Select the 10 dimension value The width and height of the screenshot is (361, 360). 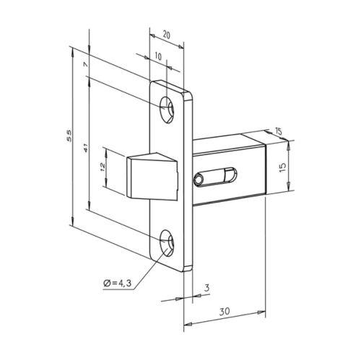(x=158, y=55)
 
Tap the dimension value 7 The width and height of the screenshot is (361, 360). (x=85, y=65)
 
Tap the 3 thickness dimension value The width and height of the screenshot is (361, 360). (x=206, y=288)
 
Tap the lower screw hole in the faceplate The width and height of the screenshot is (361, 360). (x=168, y=243)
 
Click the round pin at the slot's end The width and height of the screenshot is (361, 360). (x=198, y=177)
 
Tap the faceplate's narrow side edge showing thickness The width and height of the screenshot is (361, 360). (x=189, y=180)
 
